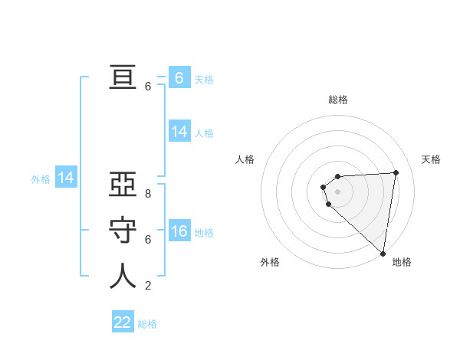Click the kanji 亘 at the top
(123, 78)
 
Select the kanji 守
(123, 231)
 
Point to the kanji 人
(123, 277)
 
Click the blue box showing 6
(179, 78)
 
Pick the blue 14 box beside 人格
(179, 132)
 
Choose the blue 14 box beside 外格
(66, 178)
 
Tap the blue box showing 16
(179, 232)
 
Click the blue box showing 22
(123, 322)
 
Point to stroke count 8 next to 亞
(148, 195)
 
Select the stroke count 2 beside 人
(148, 286)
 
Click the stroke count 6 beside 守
(148, 240)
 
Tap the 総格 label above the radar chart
(338, 100)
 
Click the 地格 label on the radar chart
(402, 262)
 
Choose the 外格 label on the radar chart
(270, 262)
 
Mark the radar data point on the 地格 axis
(383, 254)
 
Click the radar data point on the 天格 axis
(396, 172)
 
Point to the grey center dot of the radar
(337, 191)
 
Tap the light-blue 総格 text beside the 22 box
(147, 324)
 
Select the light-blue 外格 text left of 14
(41, 179)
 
